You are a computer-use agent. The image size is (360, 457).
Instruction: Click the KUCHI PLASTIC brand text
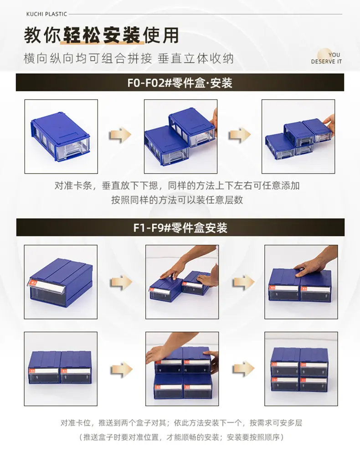[46, 14]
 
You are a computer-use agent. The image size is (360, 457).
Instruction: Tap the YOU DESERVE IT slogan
[326, 58]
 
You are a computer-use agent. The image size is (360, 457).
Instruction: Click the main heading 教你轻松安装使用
[101, 35]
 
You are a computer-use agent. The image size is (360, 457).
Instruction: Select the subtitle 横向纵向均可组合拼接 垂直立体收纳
[129, 59]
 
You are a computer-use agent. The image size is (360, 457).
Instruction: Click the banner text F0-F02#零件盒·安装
[180, 83]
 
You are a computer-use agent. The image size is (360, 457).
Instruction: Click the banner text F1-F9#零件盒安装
[180, 228]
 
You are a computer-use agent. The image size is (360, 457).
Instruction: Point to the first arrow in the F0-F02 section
[121, 135]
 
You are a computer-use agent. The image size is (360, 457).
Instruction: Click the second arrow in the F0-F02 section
[240, 135]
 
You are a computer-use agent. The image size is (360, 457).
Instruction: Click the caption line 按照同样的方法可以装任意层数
[177, 200]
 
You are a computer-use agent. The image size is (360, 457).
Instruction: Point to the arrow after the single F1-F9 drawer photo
[121, 282]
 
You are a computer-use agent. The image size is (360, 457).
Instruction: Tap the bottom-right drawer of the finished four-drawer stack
[314, 384]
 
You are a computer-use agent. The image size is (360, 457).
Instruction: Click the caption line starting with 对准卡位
[181, 423]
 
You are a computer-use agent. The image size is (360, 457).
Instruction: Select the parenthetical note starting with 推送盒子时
[181, 437]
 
